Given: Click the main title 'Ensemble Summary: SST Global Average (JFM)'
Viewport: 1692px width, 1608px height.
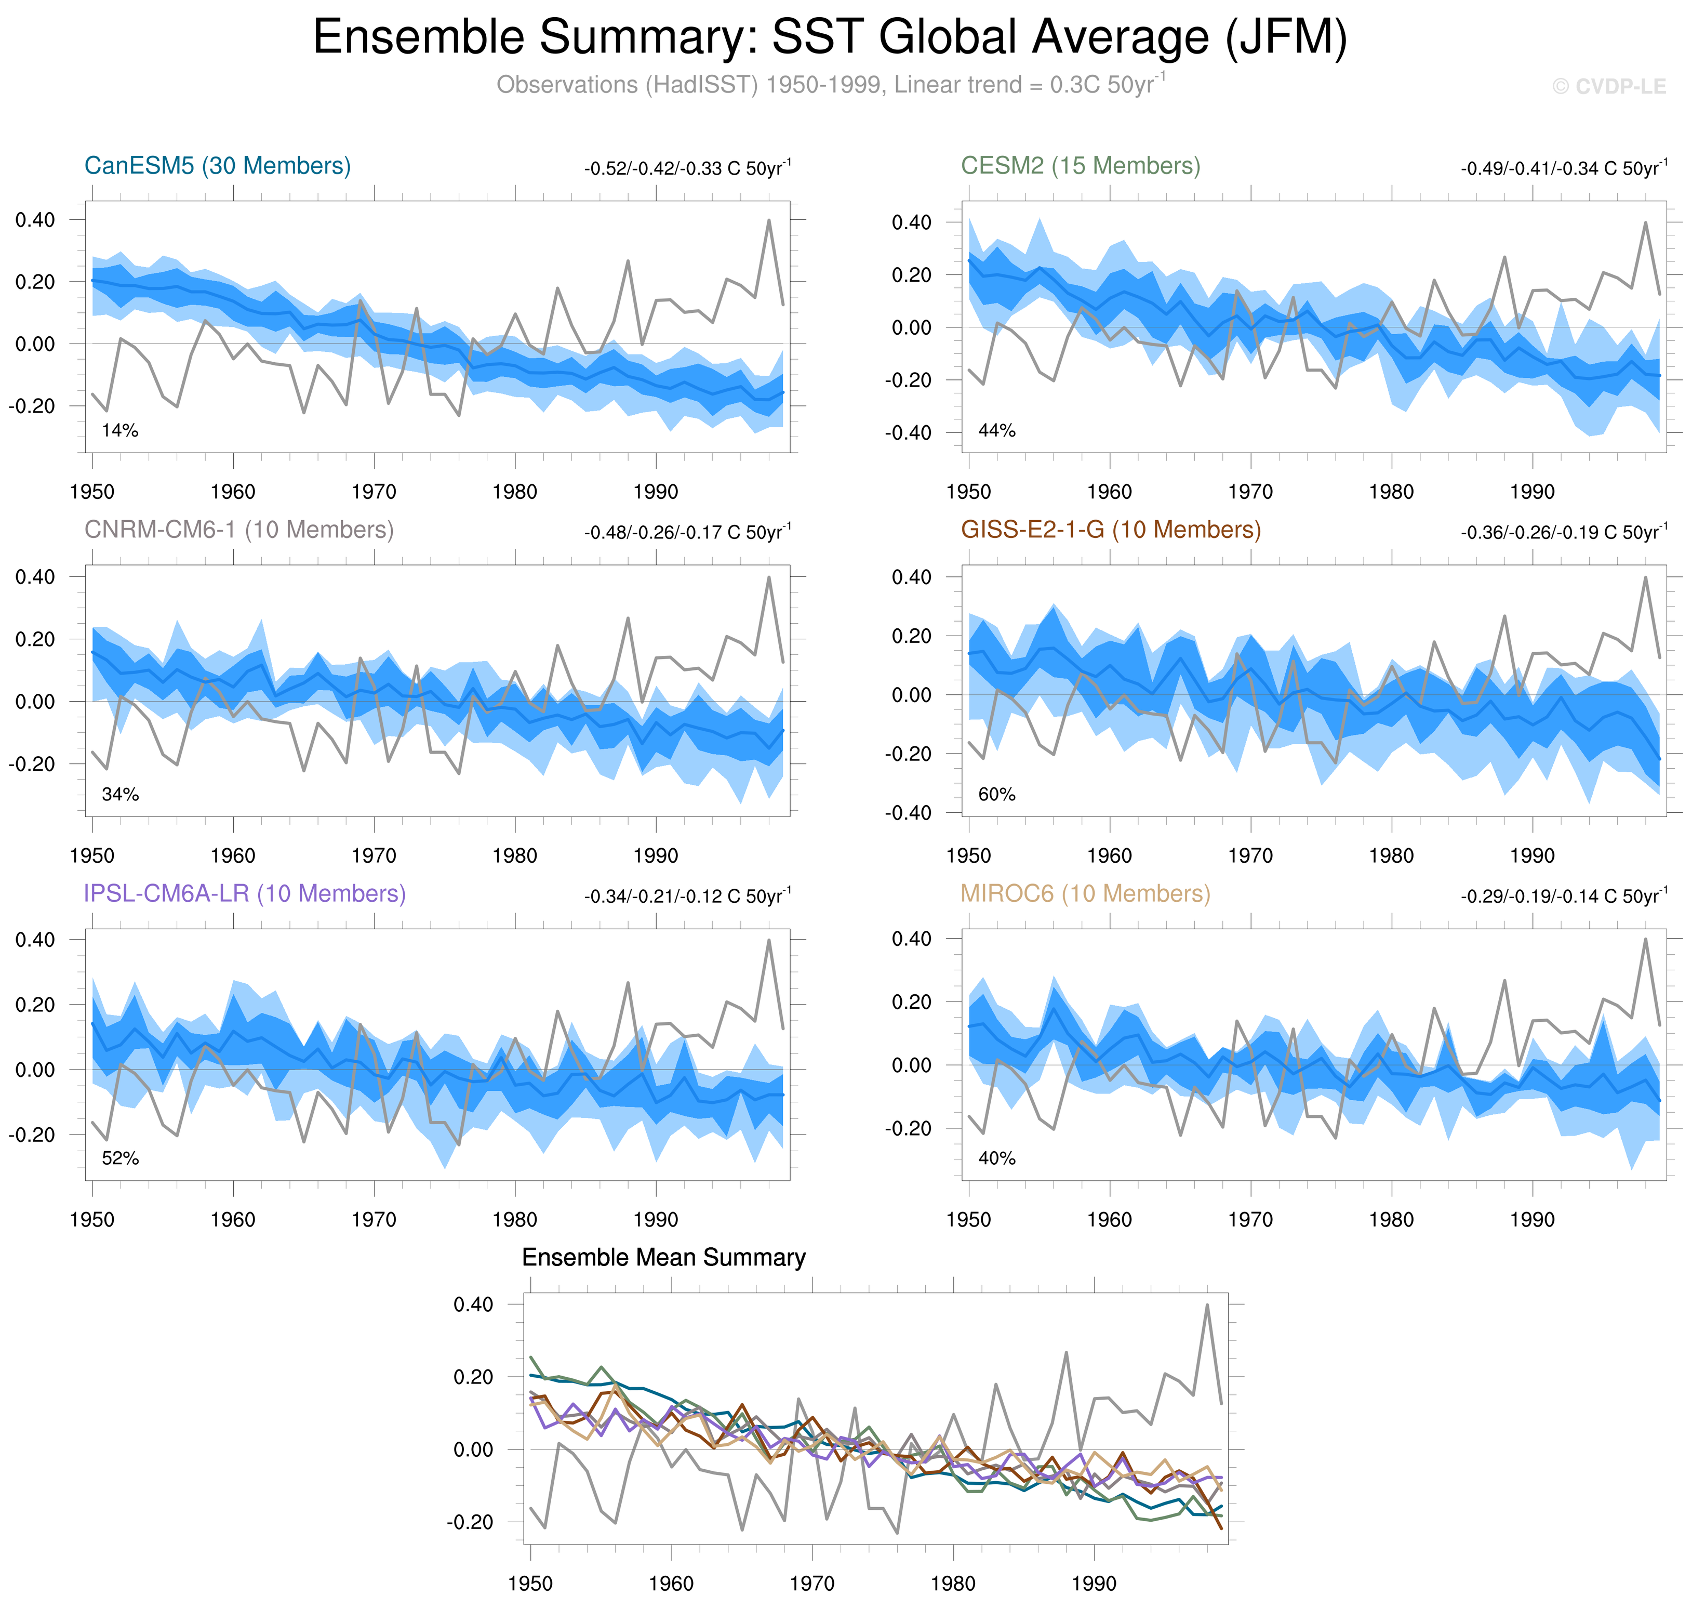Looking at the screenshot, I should tap(829, 38).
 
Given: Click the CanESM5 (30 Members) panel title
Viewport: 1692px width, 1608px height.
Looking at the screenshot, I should tap(218, 165).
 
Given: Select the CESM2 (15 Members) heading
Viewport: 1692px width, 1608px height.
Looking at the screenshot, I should tap(1081, 165).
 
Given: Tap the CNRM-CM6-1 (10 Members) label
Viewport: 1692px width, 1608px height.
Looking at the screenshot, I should tap(239, 530).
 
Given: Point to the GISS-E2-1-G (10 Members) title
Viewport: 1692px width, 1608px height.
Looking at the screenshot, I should tap(1110, 530).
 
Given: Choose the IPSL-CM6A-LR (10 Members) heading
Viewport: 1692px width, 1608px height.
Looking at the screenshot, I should tap(244, 893).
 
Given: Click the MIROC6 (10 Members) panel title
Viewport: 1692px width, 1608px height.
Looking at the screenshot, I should tap(1085, 893).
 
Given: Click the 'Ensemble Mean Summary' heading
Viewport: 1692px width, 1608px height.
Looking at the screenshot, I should tap(664, 1257).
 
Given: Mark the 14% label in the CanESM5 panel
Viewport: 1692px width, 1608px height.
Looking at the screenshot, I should tap(120, 430).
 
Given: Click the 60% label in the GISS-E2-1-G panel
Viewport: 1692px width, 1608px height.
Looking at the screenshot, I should tap(996, 795).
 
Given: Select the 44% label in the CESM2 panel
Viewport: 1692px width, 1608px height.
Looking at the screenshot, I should tap(996, 430).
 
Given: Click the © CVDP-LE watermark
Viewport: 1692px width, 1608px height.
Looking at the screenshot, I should tap(1609, 87).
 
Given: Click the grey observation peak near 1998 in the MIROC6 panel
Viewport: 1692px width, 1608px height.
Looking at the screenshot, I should tap(1645, 940).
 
